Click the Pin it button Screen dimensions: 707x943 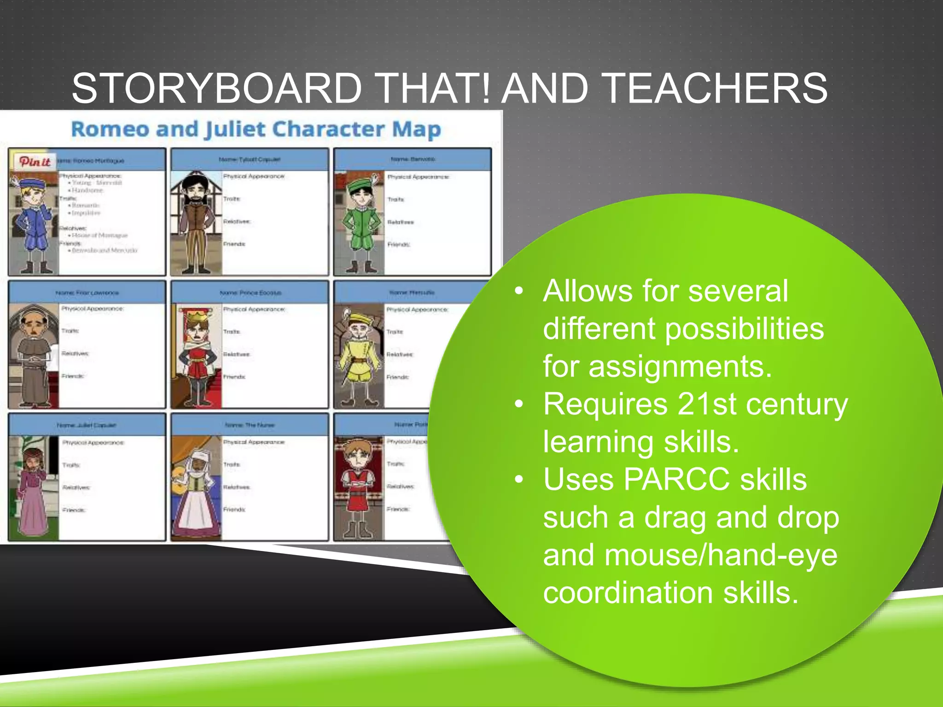click(35, 162)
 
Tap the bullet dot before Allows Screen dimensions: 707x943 click(519, 291)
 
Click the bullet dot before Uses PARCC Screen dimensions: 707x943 click(519, 480)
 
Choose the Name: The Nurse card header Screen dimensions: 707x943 click(250, 425)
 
